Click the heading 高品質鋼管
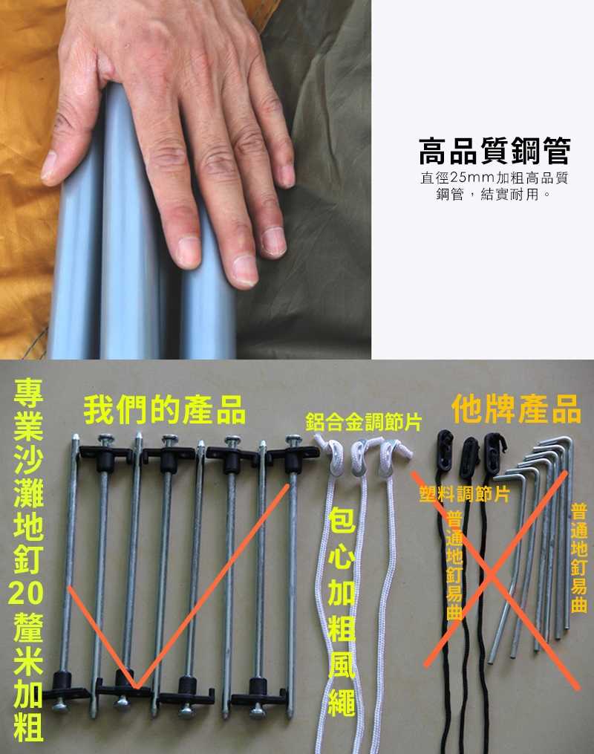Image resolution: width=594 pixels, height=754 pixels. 495,151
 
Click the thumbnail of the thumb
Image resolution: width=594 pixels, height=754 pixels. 48,167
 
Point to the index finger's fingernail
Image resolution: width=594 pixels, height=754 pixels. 188,250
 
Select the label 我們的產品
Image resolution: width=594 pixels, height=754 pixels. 164,409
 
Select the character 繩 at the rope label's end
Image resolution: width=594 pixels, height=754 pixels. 341,699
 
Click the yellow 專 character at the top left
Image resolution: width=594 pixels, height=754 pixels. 28,394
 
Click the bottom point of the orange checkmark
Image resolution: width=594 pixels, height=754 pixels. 134,685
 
